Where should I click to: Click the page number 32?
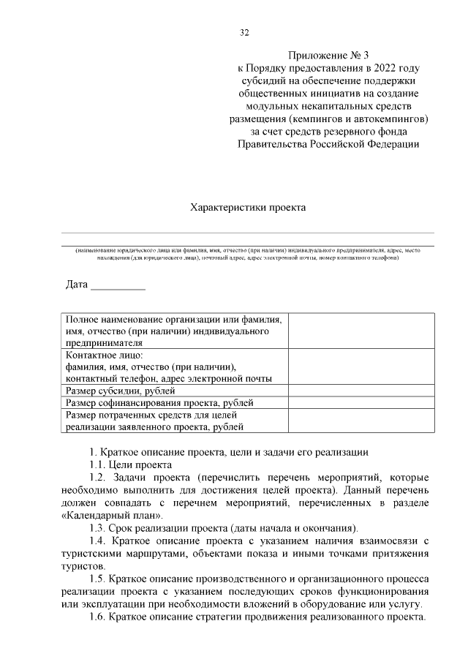245,32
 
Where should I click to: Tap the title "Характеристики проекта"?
247,207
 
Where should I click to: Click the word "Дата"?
77,285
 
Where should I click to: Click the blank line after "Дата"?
118,287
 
